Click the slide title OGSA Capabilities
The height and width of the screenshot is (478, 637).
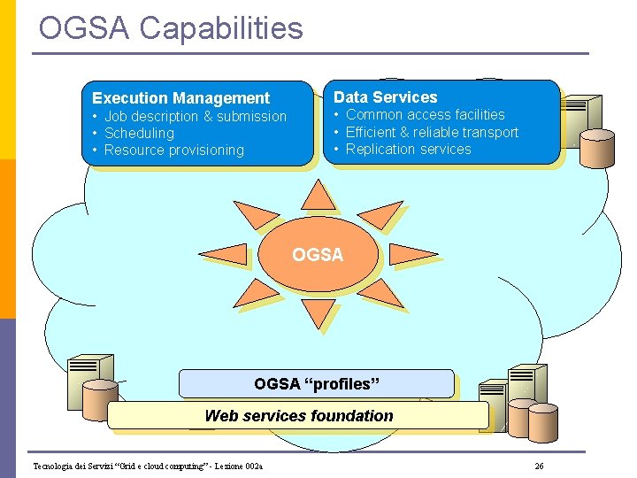171,28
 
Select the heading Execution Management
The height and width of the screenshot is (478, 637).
180,98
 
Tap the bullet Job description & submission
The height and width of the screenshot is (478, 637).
196,116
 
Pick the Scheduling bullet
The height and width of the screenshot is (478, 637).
139,133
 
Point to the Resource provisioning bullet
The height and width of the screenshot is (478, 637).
173,150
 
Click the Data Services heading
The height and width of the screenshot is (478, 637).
385,97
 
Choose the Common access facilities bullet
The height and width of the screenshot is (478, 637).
425,114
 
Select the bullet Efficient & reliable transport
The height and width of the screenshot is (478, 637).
432,132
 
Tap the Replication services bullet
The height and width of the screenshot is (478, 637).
408,149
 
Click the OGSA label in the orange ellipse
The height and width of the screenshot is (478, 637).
318,255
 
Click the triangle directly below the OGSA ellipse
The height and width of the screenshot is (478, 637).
318,313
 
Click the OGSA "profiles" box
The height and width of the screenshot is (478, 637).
316,383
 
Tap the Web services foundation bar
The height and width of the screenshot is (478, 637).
298,415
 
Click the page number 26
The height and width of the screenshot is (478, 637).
539,466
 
